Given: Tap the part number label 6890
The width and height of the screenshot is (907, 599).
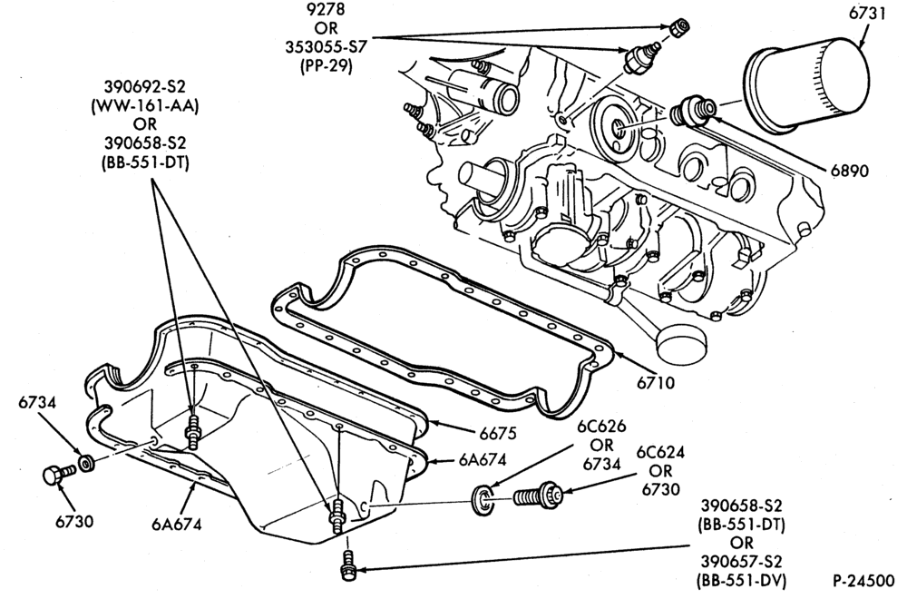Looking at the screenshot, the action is click(850, 171).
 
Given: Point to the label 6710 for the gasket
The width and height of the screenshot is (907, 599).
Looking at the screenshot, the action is click(656, 382).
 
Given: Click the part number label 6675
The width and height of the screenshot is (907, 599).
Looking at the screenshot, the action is click(497, 432).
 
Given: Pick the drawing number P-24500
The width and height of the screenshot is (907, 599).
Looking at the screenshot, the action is click(864, 581).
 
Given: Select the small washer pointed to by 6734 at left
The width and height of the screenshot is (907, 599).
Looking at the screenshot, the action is click(87, 463).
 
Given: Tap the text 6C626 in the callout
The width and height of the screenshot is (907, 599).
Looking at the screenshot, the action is click(601, 426).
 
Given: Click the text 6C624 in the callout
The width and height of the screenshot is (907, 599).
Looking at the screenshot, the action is click(660, 452).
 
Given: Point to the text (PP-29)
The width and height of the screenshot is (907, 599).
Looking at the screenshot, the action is click(327, 66).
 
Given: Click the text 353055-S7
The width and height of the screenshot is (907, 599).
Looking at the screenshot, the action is click(327, 46).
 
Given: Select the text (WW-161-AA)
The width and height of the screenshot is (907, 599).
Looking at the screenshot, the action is click(144, 105).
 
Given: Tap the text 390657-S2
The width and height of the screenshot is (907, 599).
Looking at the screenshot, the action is click(742, 562).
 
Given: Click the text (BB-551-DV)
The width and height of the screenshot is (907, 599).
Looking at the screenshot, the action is click(742, 581).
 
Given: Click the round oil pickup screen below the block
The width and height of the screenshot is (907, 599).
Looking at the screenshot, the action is click(680, 342).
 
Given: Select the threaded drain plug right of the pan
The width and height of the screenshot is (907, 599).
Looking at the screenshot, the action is click(538, 495).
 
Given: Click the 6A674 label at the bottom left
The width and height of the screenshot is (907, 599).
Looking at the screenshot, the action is click(177, 525).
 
